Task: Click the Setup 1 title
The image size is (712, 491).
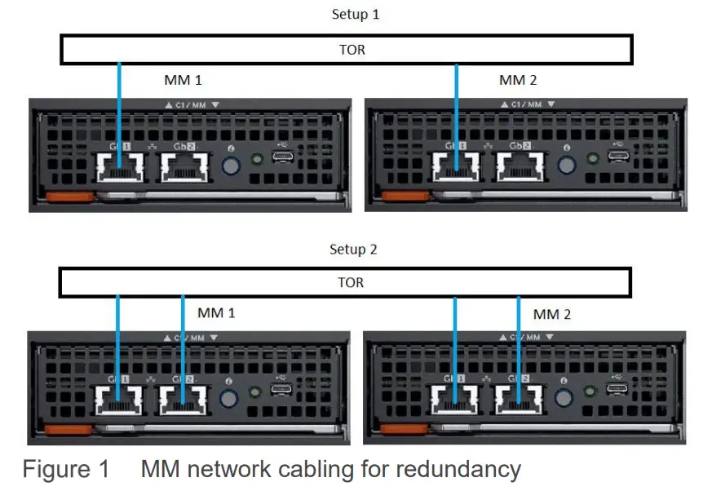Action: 355,15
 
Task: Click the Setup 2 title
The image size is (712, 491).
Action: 353,250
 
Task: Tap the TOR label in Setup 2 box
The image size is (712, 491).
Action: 351,283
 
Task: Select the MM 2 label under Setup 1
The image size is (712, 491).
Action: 518,80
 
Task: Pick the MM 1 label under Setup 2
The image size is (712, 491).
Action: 216,313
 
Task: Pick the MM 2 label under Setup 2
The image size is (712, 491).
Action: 552,314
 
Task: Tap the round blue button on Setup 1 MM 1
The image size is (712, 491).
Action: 230,166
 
